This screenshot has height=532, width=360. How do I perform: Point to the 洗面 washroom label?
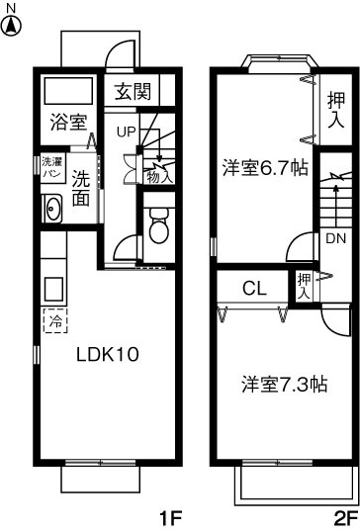tap(82, 188)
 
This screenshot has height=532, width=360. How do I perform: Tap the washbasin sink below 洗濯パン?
tap(52, 208)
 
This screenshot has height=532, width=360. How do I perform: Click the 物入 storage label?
tap(157, 177)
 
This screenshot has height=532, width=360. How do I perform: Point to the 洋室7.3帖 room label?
tap(284, 385)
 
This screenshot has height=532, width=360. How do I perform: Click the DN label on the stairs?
tap(335, 238)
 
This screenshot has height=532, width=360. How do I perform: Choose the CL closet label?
tap(255, 289)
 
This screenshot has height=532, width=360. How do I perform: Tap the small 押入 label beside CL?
tap(305, 287)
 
